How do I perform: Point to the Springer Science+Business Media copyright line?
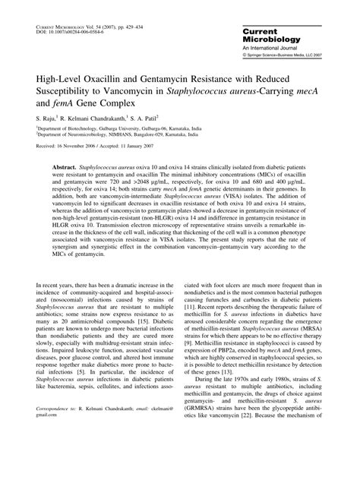pos(292,55)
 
